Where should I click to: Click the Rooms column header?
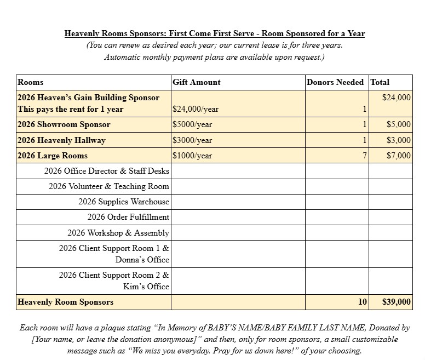(31, 82)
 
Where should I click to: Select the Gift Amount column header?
(197, 82)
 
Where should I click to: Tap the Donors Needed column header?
(335, 82)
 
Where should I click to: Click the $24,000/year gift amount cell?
(196, 109)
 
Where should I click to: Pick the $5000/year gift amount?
(192, 124)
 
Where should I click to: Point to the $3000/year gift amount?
(192, 140)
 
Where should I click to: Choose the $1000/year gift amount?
(192, 156)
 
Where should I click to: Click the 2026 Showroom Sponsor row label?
(64, 124)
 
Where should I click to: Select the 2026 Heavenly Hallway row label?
(61, 140)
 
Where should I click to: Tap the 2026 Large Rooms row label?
(53, 156)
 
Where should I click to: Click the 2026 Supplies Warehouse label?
(124, 202)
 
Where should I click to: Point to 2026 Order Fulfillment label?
(128, 217)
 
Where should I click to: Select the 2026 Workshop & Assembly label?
(118, 233)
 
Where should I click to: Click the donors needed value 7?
(364, 156)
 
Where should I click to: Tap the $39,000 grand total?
(397, 302)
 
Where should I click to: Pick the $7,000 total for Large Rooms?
(399, 156)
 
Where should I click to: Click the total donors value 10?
(362, 302)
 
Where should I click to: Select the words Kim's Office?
(146, 287)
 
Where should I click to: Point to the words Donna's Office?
(142, 260)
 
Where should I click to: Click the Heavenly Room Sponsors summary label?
(66, 302)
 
